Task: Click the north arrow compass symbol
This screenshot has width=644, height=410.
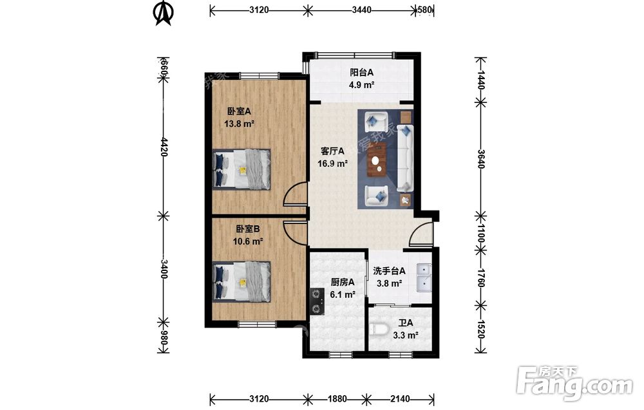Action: click(163, 13)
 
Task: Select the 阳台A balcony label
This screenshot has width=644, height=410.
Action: click(361, 73)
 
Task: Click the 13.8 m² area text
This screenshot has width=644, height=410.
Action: click(239, 124)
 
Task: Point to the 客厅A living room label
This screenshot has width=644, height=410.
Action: click(332, 151)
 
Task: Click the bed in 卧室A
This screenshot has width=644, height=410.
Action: click(241, 169)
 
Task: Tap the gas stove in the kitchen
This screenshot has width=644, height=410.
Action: click(317, 301)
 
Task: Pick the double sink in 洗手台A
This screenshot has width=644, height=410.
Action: click(424, 277)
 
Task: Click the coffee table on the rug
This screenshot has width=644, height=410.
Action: click(377, 160)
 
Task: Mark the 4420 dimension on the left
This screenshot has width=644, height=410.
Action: click(164, 147)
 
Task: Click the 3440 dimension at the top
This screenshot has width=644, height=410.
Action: click(361, 10)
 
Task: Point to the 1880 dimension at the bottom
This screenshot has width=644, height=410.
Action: click(337, 398)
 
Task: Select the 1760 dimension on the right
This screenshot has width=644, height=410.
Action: click(481, 277)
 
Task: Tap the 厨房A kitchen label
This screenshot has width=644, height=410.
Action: click(343, 282)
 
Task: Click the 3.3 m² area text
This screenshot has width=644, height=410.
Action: click(405, 335)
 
